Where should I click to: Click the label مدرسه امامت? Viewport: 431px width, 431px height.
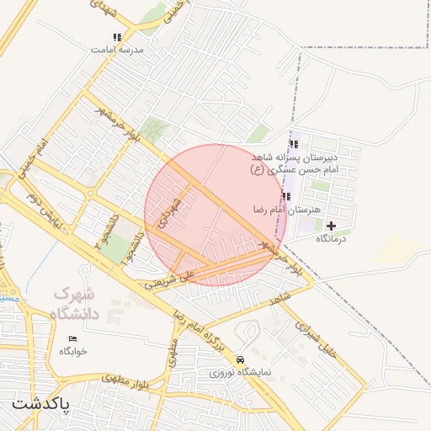[x=118, y=50]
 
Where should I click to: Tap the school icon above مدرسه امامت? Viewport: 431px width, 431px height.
[x=117, y=37]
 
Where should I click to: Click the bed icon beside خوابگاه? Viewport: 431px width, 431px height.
[x=72, y=338]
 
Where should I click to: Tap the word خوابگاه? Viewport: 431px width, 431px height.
[x=72, y=351]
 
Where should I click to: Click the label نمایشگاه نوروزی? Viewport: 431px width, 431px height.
[x=241, y=371]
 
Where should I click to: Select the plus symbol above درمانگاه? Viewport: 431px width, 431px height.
[x=331, y=226]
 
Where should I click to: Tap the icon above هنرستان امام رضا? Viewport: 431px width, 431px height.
[x=286, y=196]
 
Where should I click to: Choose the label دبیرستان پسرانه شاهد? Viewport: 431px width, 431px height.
[x=295, y=157]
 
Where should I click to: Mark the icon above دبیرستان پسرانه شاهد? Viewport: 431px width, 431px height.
[x=293, y=144]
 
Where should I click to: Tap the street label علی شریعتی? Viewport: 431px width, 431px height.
[x=168, y=279]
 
